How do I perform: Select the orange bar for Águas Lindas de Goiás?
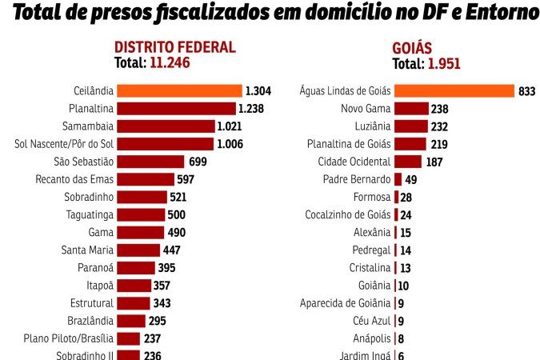[454, 91]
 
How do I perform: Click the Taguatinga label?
[91, 214]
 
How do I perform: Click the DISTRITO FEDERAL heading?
[175, 47]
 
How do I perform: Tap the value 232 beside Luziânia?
[440, 126]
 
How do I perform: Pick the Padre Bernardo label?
[356, 179]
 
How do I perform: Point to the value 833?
[526, 92]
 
